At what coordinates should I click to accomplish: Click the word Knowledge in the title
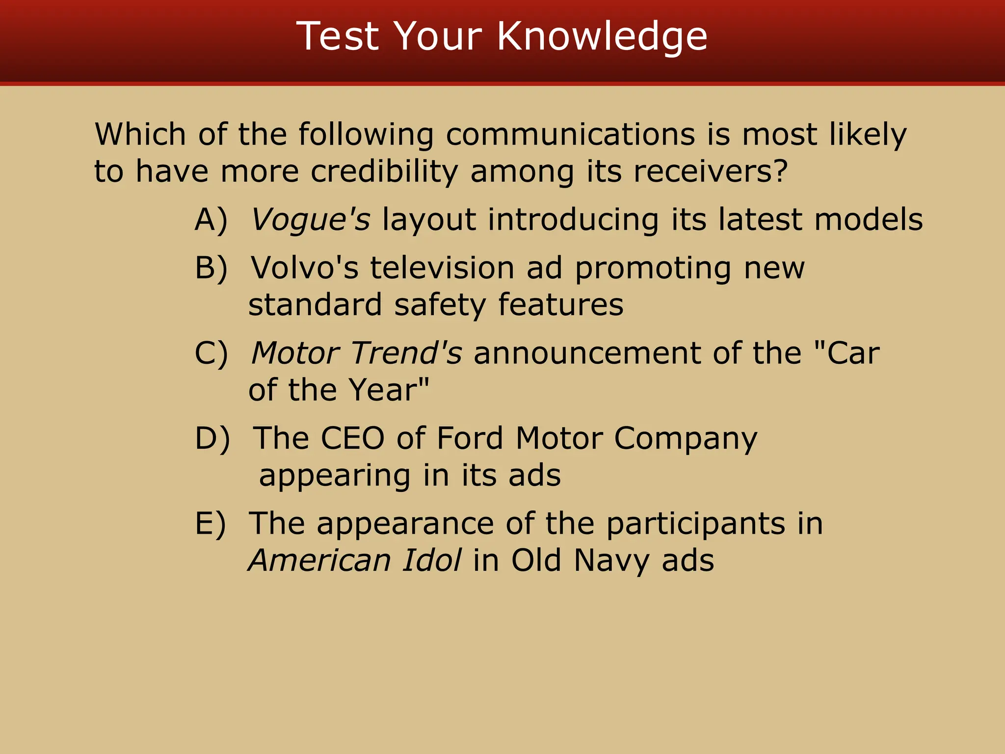click(602, 36)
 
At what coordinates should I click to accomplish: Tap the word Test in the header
click(338, 36)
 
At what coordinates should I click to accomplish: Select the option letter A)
click(211, 219)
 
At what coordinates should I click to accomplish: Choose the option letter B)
click(211, 268)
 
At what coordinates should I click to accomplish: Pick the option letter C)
click(211, 353)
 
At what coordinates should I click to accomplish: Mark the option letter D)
click(212, 438)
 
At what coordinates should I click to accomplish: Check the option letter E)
click(211, 523)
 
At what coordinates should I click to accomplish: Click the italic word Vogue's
click(311, 219)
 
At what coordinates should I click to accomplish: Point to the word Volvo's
click(304, 268)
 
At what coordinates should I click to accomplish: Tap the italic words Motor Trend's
click(356, 353)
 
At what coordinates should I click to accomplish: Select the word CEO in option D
click(352, 438)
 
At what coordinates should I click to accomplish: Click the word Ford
click(470, 438)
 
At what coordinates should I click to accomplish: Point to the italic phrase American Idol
click(354, 560)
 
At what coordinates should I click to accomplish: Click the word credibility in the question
click(384, 171)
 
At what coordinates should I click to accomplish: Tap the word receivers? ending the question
click(711, 171)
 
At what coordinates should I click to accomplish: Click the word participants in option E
click(695, 523)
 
